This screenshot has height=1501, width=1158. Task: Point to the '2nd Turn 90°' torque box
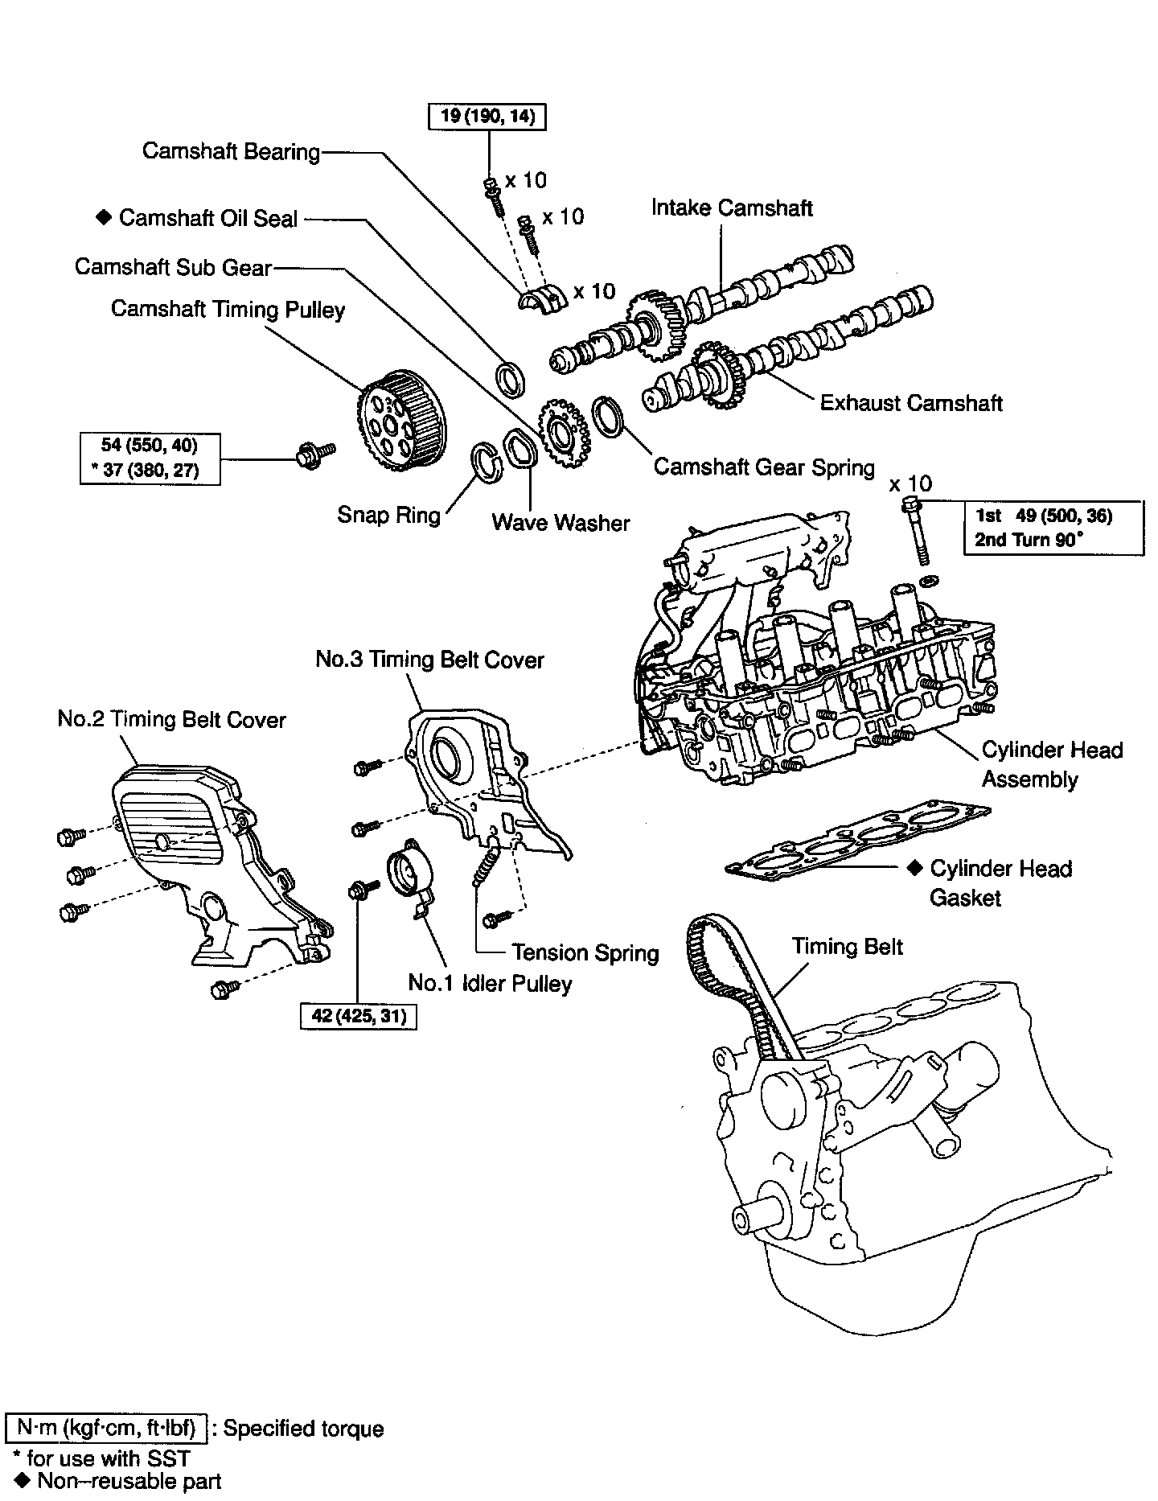tap(1053, 528)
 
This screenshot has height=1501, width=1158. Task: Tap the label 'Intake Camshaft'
tap(732, 208)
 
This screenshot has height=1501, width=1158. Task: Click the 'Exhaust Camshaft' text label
tap(910, 402)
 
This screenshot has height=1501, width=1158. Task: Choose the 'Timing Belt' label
tap(847, 946)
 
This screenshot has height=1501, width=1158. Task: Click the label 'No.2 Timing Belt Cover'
tap(171, 719)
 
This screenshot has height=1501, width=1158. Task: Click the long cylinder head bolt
tap(916, 531)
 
